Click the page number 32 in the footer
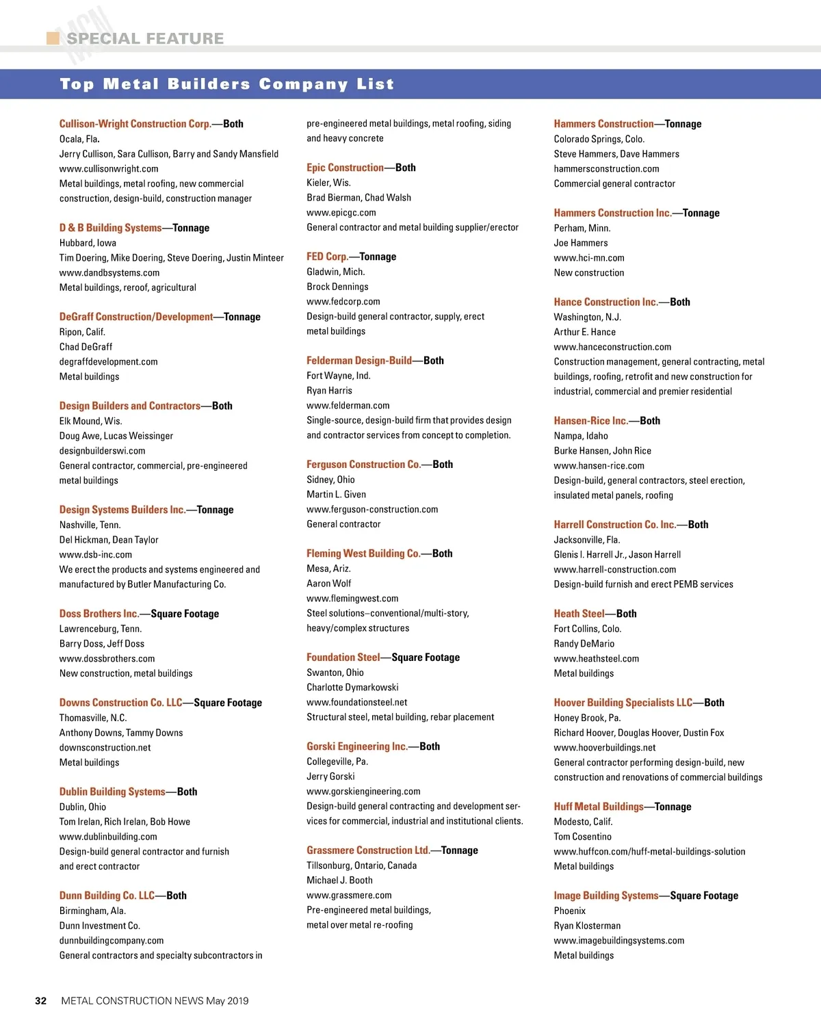click(x=41, y=1000)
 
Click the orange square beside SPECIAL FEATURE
click(x=53, y=38)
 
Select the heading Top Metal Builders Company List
click(x=227, y=84)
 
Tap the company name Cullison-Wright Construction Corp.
click(x=135, y=124)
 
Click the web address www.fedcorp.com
click(x=343, y=302)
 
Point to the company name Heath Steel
click(x=579, y=614)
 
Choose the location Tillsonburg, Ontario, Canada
click(x=361, y=865)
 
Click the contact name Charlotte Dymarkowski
click(x=352, y=688)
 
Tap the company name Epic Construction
click(x=345, y=168)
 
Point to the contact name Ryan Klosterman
click(x=587, y=926)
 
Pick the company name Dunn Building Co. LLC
click(x=107, y=896)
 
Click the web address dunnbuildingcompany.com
click(x=112, y=941)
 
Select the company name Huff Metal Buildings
click(x=599, y=807)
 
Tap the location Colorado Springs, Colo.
click(x=599, y=139)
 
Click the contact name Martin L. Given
click(x=336, y=495)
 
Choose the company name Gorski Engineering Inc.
click(x=356, y=746)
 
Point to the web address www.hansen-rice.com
click(x=599, y=466)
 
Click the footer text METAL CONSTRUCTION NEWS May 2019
click(x=155, y=1000)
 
